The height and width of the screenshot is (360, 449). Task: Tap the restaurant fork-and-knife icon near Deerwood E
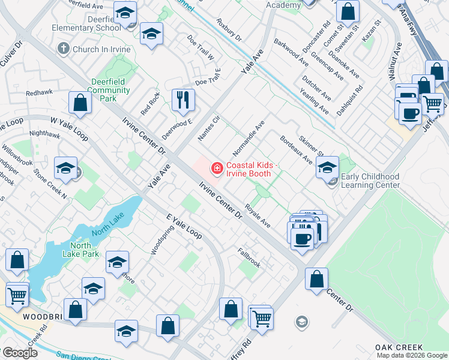click(x=183, y=100)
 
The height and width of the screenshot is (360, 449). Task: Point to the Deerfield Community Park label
click(x=108, y=86)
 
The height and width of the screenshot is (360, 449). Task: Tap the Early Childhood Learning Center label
click(x=370, y=181)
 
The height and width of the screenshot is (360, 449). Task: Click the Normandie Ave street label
click(x=249, y=136)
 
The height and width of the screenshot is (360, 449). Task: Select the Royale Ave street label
click(x=259, y=218)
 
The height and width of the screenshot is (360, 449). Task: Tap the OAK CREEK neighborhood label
click(x=399, y=347)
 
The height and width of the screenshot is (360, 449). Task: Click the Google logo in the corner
click(x=20, y=352)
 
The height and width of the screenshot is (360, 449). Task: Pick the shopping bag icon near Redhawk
click(x=80, y=103)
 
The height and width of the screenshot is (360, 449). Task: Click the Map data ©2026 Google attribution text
click(x=412, y=355)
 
